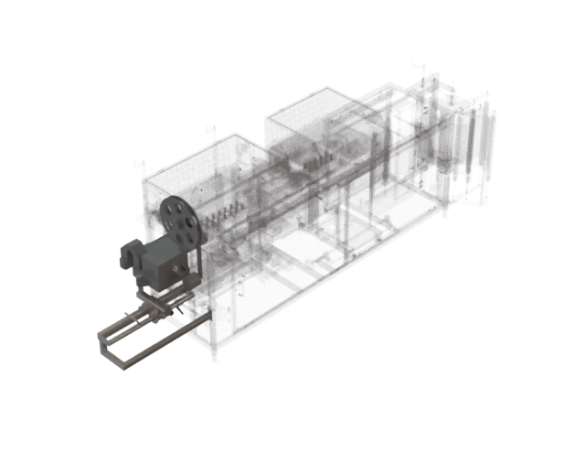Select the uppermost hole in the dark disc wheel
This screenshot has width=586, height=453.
(x=174, y=204)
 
